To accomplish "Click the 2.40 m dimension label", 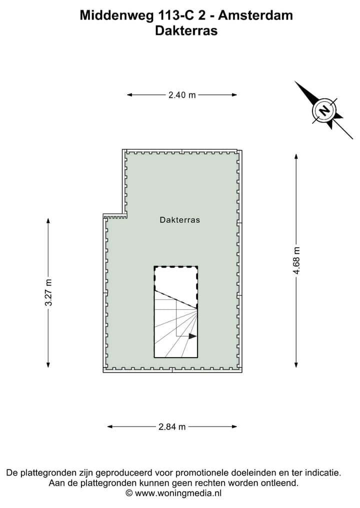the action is (182, 95).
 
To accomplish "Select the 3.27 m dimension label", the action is (48, 292).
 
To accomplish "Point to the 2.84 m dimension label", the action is (172, 427).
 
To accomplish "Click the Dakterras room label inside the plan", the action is (179, 220).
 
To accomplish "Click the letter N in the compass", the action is (323, 110).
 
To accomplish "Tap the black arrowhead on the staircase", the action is (192, 336).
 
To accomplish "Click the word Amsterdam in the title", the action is (255, 15).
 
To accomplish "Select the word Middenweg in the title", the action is (117, 15).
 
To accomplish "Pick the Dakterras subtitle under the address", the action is (186, 31).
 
